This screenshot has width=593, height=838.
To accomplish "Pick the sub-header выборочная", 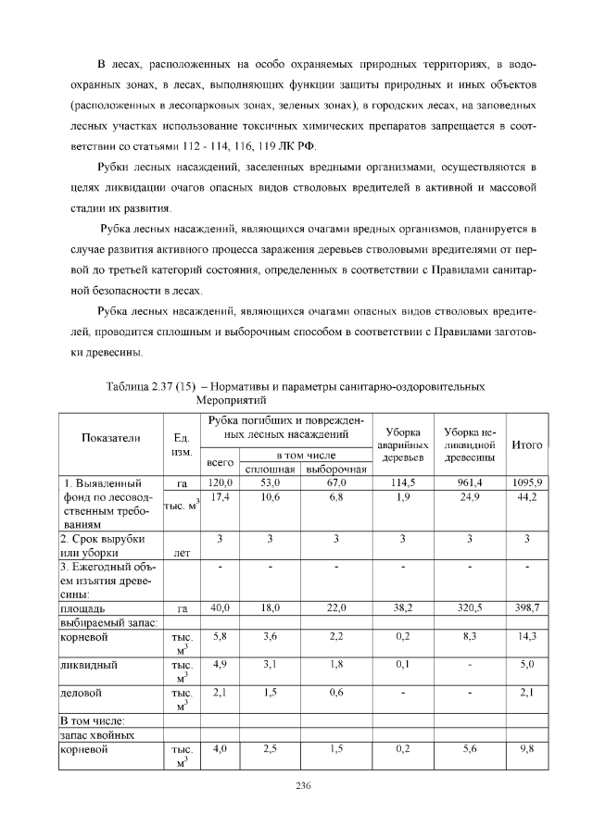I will (x=336, y=469).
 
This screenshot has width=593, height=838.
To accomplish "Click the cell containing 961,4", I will (x=469, y=482).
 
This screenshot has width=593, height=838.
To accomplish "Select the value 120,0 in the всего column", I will (x=220, y=482).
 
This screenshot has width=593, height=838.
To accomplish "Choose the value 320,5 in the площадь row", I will (x=469, y=608).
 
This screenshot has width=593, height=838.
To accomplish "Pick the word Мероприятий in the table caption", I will (x=231, y=402).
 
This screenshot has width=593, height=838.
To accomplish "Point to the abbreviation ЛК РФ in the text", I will (x=296, y=147).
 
